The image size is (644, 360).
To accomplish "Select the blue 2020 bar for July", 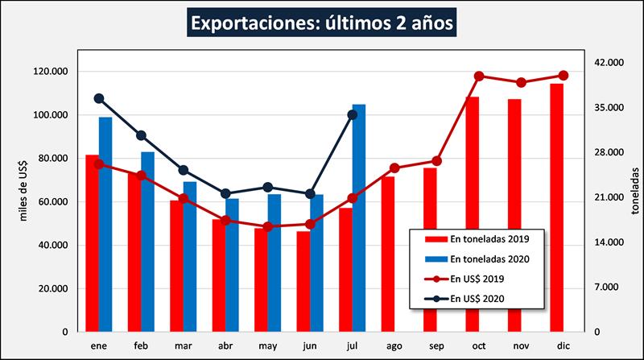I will [x=359, y=217].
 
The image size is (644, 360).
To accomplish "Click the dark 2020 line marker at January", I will [x=99, y=98].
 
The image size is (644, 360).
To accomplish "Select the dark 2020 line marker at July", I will [x=353, y=114].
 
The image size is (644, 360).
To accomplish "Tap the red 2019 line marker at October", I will [x=479, y=76].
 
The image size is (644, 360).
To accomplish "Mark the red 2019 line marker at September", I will [x=437, y=161].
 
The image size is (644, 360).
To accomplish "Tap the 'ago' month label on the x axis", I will [x=394, y=344].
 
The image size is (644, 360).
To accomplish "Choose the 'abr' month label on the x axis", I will [x=225, y=344].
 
